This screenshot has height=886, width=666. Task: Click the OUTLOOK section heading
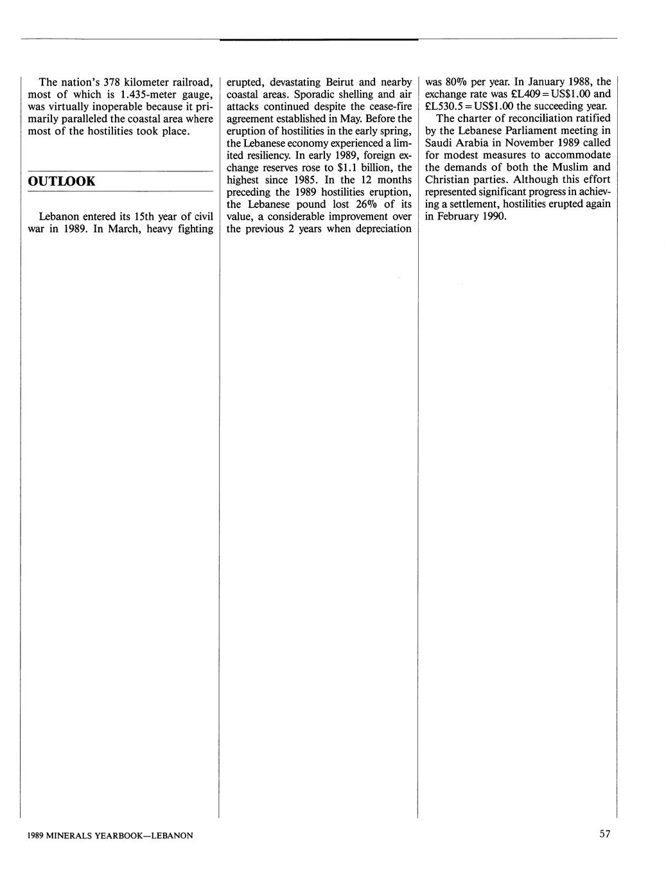tap(62, 181)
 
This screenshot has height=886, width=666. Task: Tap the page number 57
tap(604, 834)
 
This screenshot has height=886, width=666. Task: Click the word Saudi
tap(440, 143)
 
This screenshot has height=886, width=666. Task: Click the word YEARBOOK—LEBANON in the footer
tap(145, 835)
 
